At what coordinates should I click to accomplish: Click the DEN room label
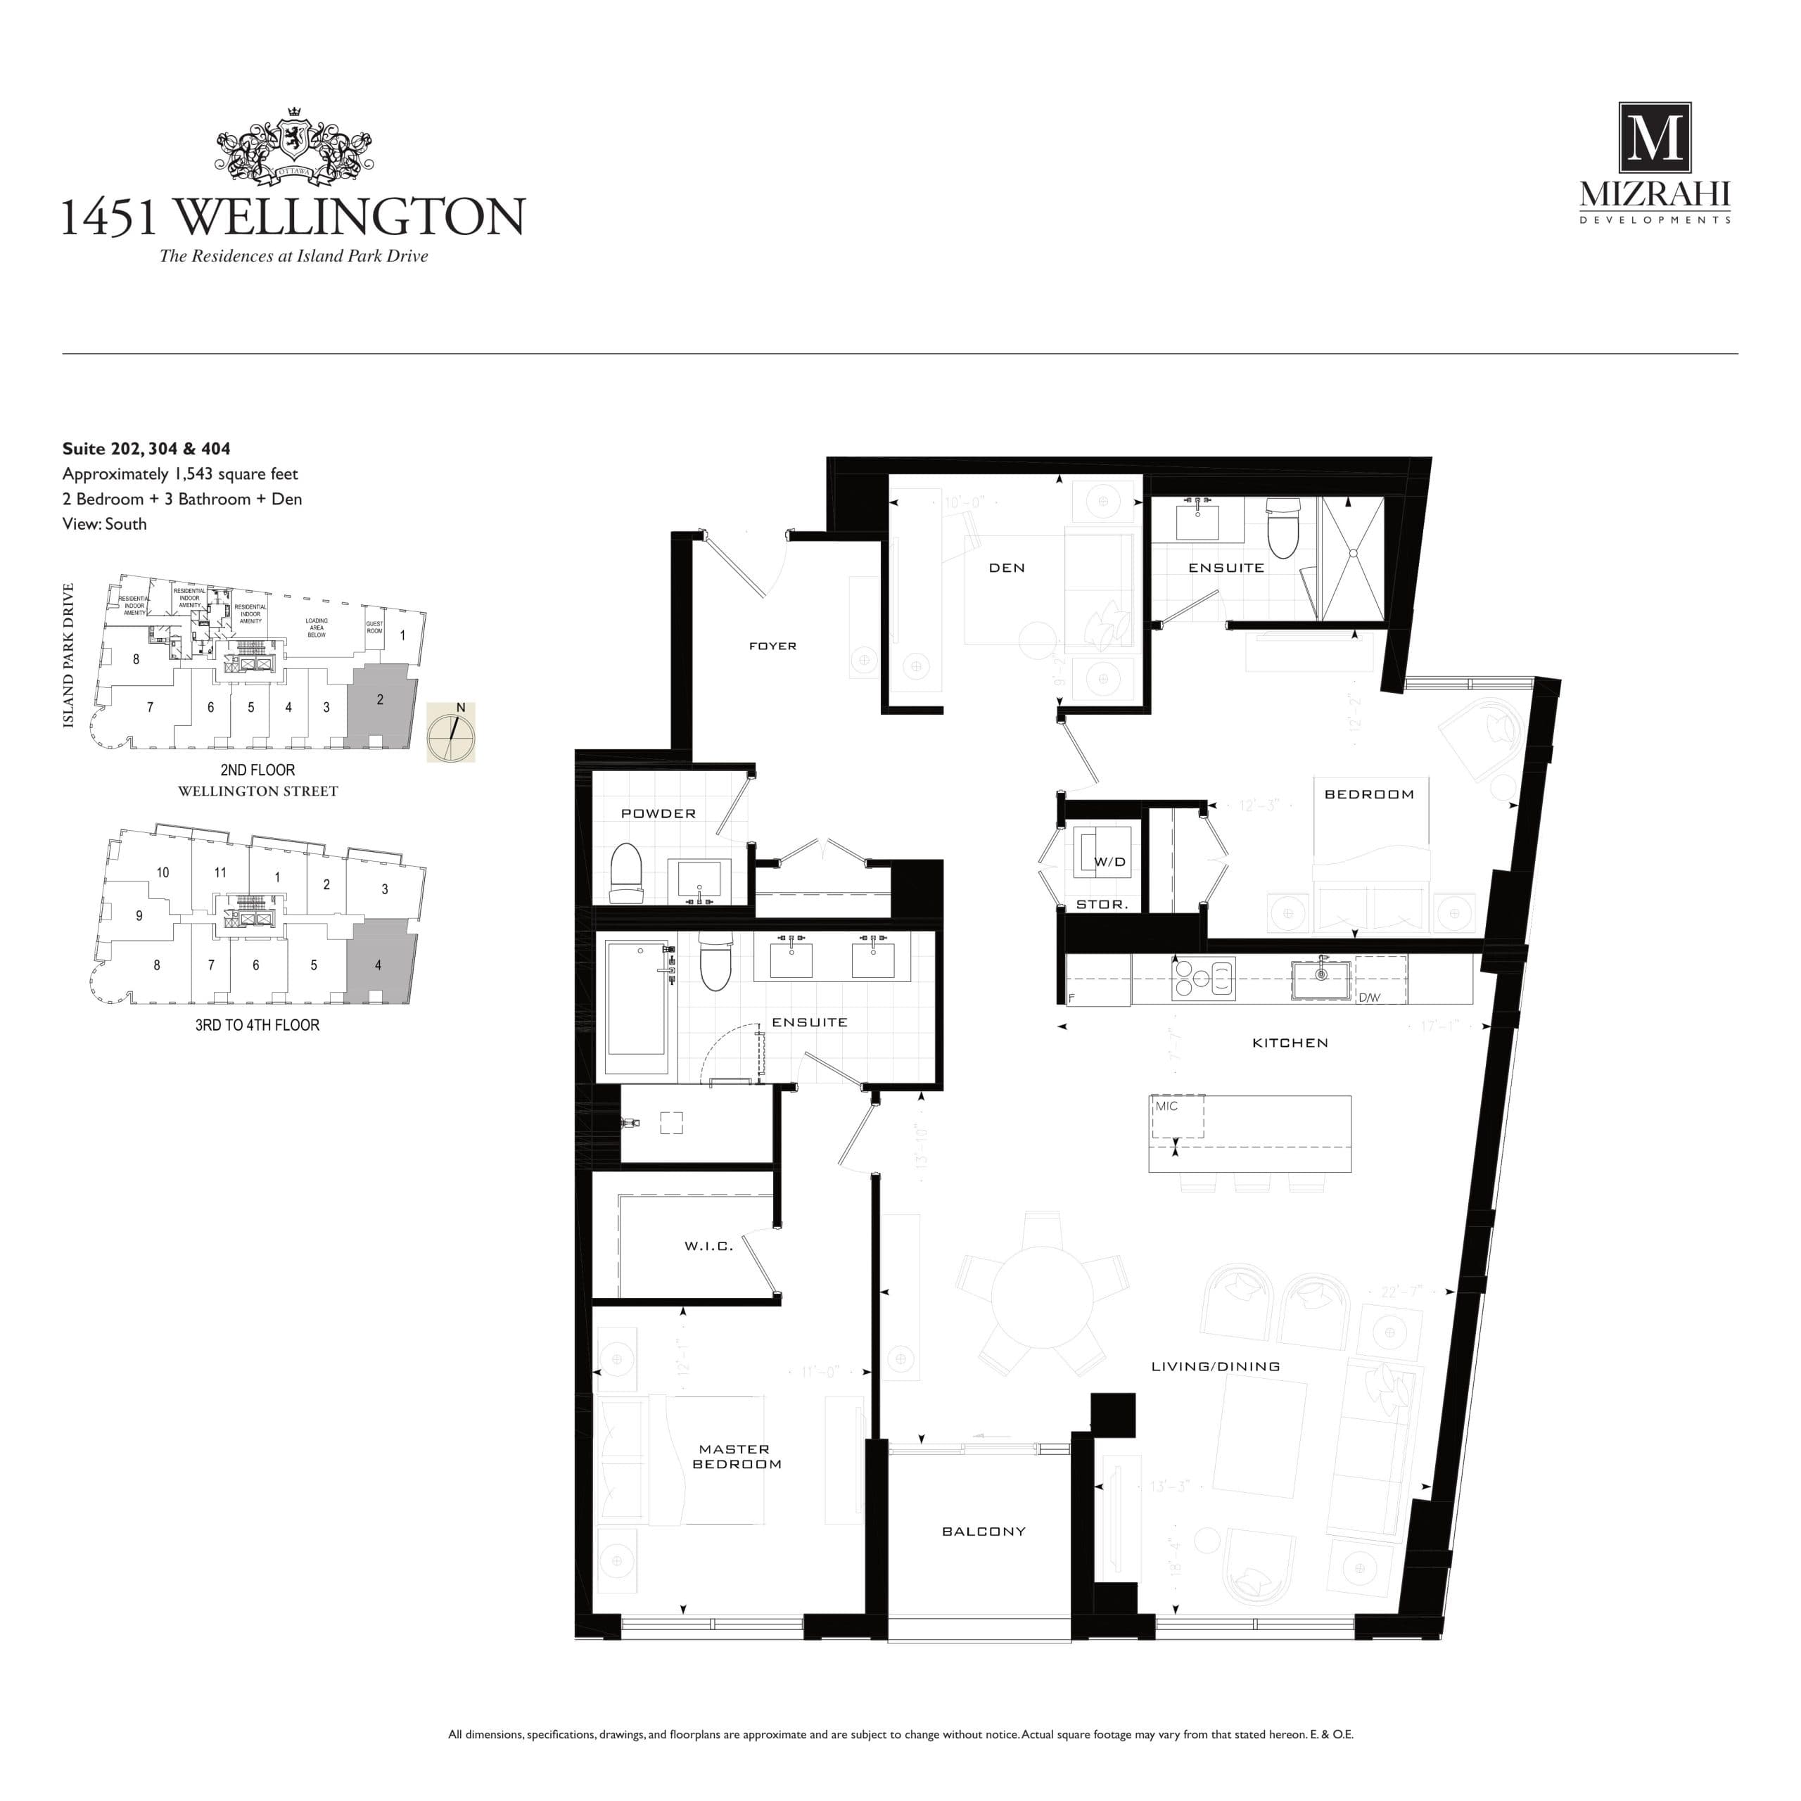pyautogui.click(x=1007, y=568)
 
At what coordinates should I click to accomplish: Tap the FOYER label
pyautogui.click(x=772, y=646)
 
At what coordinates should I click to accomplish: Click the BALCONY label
pyautogui.click(x=984, y=1532)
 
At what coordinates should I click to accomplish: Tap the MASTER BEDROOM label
pyautogui.click(x=735, y=1456)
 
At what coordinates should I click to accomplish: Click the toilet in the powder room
pyautogui.click(x=626, y=874)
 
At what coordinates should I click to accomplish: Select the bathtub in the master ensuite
pyautogui.click(x=637, y=1007)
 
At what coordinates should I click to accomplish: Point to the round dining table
pyautogui.click(x=1041, y=1296)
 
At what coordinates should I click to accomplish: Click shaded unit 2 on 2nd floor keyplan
pyautogui.click(x=379, y=704)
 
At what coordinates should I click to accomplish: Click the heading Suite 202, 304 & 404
pyautogui.click(x=146, y=448)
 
